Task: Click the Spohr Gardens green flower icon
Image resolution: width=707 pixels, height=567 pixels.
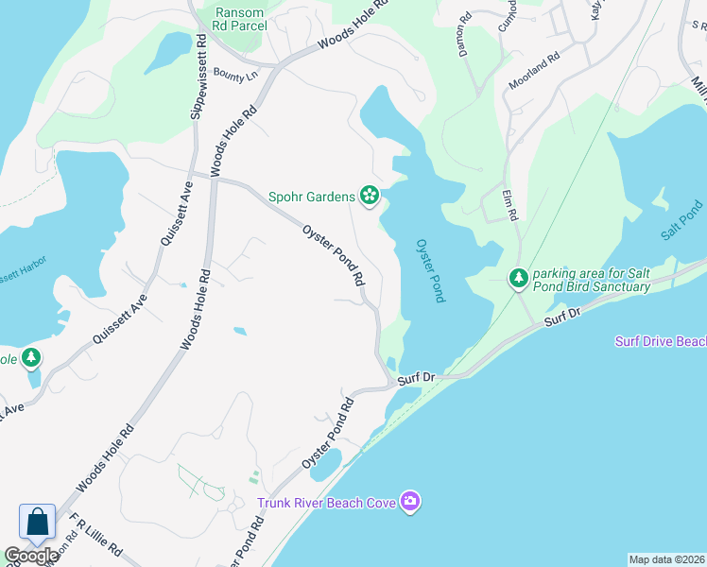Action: pyautogui.click(x=370, y=197)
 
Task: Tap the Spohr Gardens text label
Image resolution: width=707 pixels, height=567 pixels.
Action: pyautogui.click(x=312, y=197)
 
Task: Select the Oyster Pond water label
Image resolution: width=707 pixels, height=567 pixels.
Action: pyautogui.click(x=430, y=270)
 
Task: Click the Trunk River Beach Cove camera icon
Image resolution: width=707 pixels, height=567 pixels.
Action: pyautogui.click(x=409, y=501)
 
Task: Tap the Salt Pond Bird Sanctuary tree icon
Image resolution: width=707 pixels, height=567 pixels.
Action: pyautogui.click(x=518, y=278)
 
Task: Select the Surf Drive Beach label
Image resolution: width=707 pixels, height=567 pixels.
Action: pyautogui.click(x=660, y=341)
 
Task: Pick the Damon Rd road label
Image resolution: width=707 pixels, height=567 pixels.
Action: pyautogui.click(x=465, y=35)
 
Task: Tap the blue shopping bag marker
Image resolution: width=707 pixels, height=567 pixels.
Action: pyautogui.click(x=37, y=523)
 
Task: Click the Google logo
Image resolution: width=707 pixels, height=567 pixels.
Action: pyautogui.click(x=31, y=556)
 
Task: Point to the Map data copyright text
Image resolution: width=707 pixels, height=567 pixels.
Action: pyautogui.click(x=666, y=559)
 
